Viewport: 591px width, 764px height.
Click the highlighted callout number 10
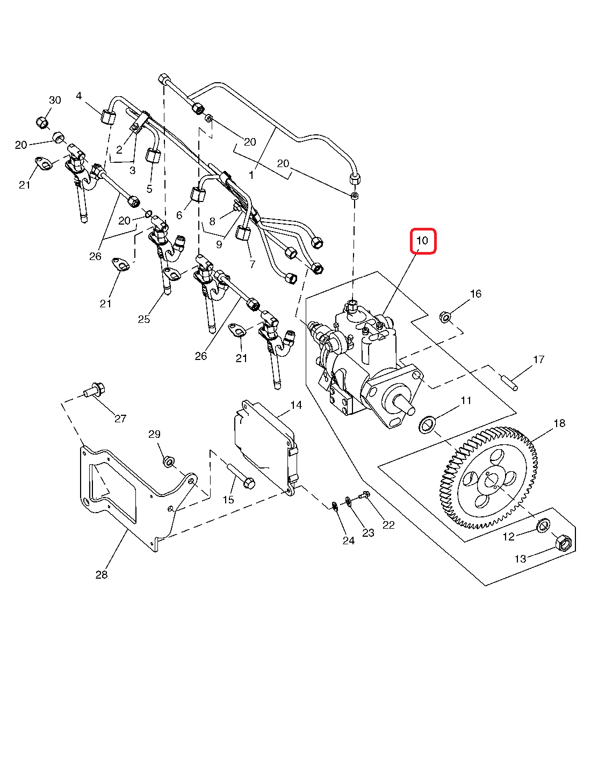423,241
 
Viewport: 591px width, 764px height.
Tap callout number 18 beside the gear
559,423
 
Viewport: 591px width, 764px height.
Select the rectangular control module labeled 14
265,440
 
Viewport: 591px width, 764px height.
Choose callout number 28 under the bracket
102,575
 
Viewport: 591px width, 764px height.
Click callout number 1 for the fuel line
251,175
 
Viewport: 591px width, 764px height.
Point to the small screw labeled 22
365,495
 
